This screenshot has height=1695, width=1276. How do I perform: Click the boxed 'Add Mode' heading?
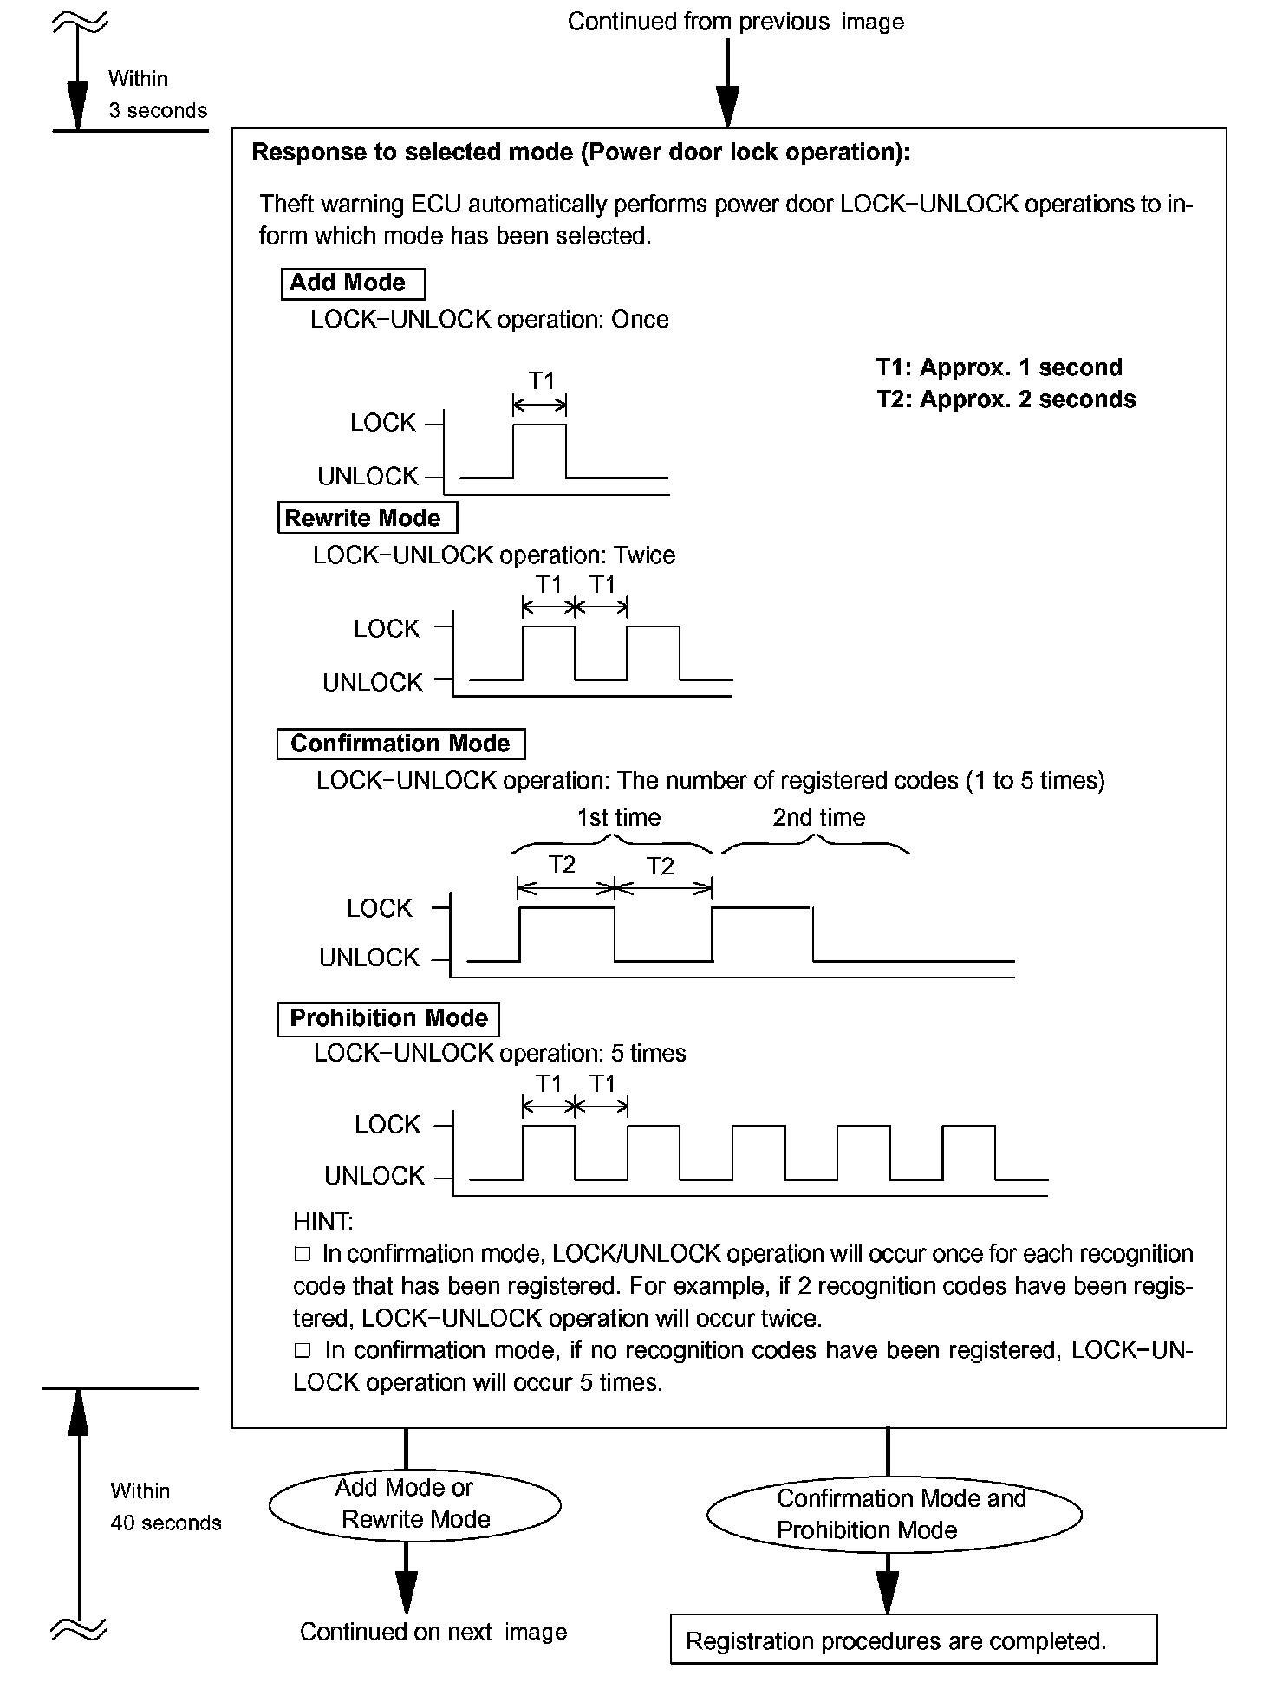click(x=353, y=283)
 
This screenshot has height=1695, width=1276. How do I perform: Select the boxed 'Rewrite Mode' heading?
click(x=366, y=518)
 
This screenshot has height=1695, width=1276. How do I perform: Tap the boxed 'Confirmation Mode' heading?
click(x=400, y=744)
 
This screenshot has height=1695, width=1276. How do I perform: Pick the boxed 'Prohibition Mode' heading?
click(x=388, y=1018)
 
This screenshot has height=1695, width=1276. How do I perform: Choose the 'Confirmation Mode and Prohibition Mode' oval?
click(x=895, y=1514)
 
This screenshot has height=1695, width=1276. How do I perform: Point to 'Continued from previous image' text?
click(x=735, y=22)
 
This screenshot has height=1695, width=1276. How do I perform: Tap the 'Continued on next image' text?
click(x=433, y=1632)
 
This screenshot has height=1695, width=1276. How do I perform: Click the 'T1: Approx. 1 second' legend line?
click(x=999, y=367)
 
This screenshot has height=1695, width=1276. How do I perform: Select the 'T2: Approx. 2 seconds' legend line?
click(x=1006, y=399)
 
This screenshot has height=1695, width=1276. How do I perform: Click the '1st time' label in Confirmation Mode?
click(x=619, y=817)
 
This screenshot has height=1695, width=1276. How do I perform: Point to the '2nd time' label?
click(x=818, y=817)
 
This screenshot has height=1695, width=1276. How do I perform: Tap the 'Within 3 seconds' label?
click(x=157, y=94)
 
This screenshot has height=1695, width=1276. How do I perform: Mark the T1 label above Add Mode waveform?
click(x=541, y=381)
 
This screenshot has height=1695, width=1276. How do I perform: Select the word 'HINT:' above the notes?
click(x=322, y=1222)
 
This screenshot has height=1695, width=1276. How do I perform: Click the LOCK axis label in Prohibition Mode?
click(x=387, y=1125)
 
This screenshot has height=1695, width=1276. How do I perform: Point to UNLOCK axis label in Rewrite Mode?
click(x=373, y=683)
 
